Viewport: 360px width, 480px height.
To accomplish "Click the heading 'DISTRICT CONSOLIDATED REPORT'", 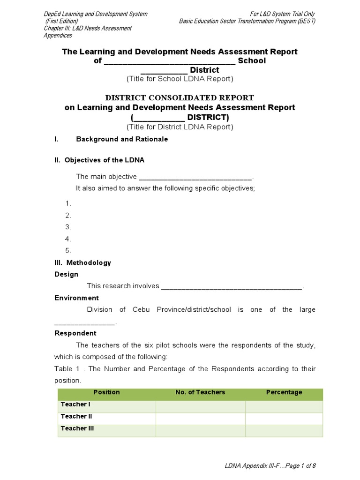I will click(x=180, y=97).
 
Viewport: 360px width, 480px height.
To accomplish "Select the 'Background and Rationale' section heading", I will click(x=121, y=139).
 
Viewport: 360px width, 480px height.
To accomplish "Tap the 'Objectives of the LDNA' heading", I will click(x=99, y=160).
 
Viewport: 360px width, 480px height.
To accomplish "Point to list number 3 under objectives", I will click(x=68, y=227).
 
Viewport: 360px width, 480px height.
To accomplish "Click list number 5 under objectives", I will click(x=68, y=250).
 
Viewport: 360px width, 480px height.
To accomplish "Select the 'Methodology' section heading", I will click(x=83, y=262).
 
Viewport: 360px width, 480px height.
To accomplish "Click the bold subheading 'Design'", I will click(x=67, y=274).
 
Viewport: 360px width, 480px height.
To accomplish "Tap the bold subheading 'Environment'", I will click(x=76, y=298).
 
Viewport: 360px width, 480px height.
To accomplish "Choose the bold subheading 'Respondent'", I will click(x=75, y=333).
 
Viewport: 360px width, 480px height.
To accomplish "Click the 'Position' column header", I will click(x=106, y=392).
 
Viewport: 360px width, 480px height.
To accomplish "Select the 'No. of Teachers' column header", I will click(x=200, y=392).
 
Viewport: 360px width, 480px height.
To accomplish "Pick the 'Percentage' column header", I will click(x=284, y=392).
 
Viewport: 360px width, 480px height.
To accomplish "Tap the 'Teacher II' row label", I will click(x=76, y=416).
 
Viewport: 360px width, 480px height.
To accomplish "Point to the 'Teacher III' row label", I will click(x=77, y=428).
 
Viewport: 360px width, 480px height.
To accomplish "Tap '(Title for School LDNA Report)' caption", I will click(x=180, y=79).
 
